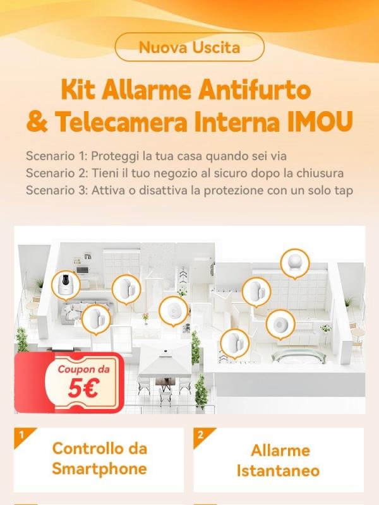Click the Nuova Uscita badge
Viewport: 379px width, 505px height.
pyautogui.click(x=189, y=47)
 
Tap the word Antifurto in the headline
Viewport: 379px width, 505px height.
pyautogui.click(x=255, y=90)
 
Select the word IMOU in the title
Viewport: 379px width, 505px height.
pyautogui.click(x=320, y=122)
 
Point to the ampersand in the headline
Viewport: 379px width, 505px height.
pyautogui.click(x=37, y=122)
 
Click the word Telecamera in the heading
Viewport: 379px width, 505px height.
pyautogui.click(x=121, y=122)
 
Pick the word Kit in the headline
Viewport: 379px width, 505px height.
pyautogui.click(x=78, y=90)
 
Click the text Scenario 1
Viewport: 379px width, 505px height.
pyautogui.click(x=55, y=156)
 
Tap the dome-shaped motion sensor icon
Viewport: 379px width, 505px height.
pyautogui.click(x=295, y=263)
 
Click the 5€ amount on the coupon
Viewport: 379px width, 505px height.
pyautogui.click(x=83, y=389)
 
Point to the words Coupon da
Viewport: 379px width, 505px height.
pyautogui.click(x=84, y=369)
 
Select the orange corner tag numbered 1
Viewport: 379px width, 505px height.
pyautogui.click(x=23, y=436)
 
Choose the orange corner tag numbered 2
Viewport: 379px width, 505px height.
pyautogui.click(x=202, y=436)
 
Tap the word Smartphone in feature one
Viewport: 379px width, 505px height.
pyautogui.click(x=99, y=468)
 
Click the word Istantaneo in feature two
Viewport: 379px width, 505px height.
pyautogui.click(x=278, y=470)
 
